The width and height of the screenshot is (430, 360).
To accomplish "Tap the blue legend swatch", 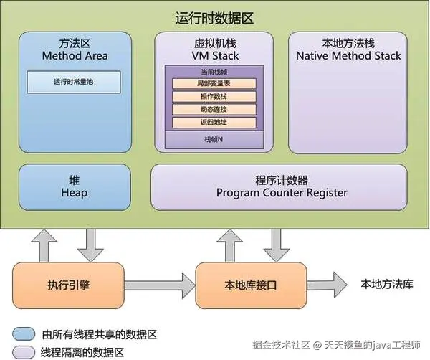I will click(23, 333).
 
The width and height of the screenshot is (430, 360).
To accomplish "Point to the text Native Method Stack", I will click(348, 55).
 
